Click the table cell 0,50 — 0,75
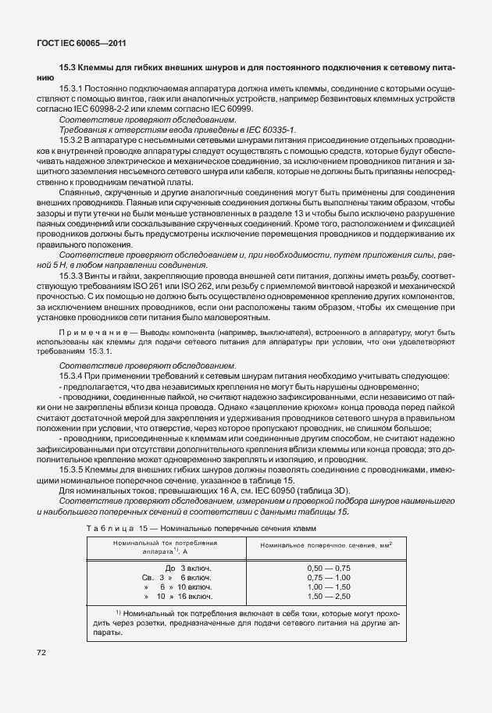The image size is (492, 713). (330, 568)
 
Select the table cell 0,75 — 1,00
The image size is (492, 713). (330, 577)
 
